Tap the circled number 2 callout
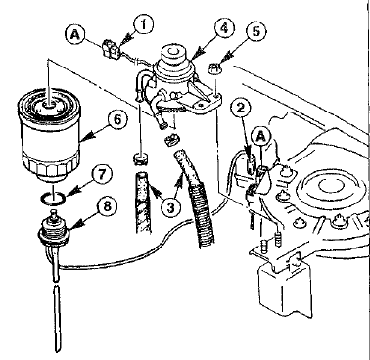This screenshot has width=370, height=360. [241, 109]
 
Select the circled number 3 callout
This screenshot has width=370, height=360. [171, 206]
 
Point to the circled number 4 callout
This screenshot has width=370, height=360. [223, 28]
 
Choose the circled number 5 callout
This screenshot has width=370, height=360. [256, 31]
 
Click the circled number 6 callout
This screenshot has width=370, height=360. [116, 119]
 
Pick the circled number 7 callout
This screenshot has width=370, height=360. [101, 175]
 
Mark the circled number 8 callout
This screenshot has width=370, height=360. [107, 206]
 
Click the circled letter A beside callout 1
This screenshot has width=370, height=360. [75, 35]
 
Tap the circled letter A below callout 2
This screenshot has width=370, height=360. [260, 137]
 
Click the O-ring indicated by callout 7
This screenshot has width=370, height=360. [54, 200]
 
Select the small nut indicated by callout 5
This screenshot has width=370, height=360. [213, 68]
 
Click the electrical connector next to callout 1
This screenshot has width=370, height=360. [110, 48]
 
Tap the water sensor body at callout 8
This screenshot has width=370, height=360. [53, 227]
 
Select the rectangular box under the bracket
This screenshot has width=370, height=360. [285, 288]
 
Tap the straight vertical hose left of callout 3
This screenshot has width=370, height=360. [143, 202]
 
